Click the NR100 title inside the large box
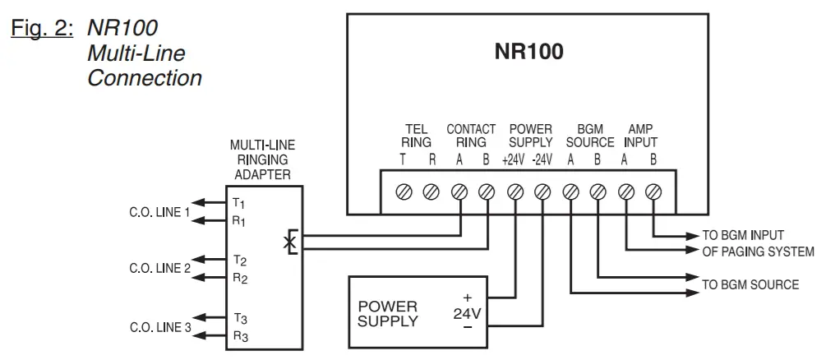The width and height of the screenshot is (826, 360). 528,53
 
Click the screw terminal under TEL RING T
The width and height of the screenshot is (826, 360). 404,192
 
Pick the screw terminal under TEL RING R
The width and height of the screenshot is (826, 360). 431,192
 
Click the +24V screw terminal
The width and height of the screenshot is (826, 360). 515,192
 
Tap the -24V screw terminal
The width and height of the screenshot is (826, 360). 542,192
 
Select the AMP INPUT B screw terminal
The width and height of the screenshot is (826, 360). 653,192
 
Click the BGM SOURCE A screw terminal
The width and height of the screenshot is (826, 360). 570,192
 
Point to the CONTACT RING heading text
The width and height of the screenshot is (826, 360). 471,136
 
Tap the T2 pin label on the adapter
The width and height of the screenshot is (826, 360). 240,261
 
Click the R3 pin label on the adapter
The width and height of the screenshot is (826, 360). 240,335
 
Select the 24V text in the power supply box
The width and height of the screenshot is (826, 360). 468,313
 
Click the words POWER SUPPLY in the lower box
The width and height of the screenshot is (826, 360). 387,313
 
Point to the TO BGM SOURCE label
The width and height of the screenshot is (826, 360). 749,284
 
